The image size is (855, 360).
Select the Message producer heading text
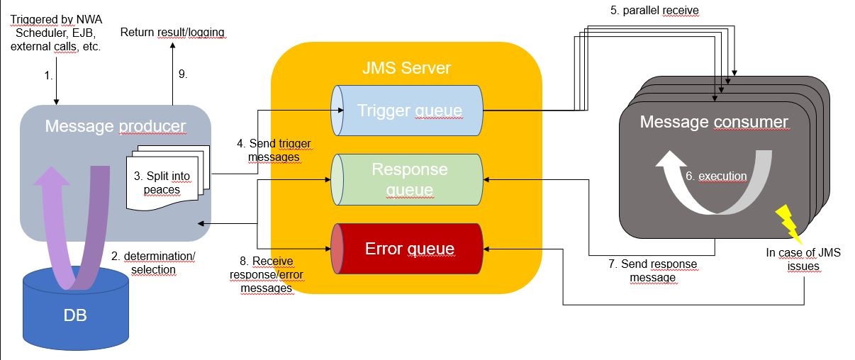pyautogui.click(x=115, y=126)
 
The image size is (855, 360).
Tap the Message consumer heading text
pyautogui.click(x=713, y=122)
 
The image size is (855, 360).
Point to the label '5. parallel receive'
pyautogui.click(x=656, y=11)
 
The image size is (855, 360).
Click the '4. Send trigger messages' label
pyautogui.click(x=274, y=150)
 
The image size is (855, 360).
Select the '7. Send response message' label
pyautogui.click(x=652, y=271)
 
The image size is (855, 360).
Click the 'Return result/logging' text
pyautogui.click(x=173, y=32)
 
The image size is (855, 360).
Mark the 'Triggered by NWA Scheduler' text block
pyautogui.click(x=56, y=33)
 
